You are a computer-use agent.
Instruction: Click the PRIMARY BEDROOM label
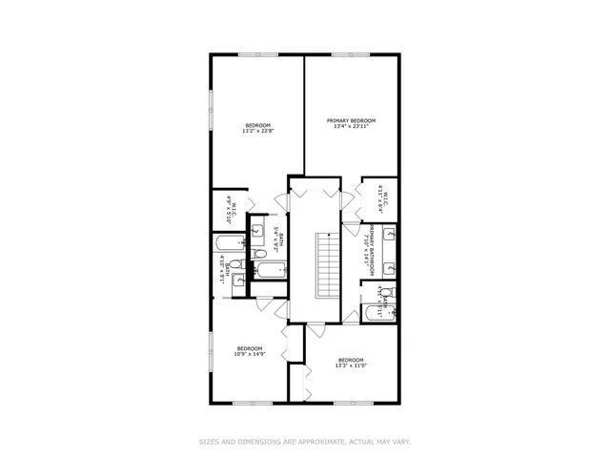[351, 120]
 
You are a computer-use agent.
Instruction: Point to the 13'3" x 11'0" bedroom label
[351, 365]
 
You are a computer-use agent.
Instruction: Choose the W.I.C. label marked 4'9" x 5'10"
[229, 205]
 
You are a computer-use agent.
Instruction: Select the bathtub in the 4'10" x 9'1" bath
[231, 241]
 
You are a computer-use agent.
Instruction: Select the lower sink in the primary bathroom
[390, 270]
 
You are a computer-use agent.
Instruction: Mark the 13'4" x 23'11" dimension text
[351, 127]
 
